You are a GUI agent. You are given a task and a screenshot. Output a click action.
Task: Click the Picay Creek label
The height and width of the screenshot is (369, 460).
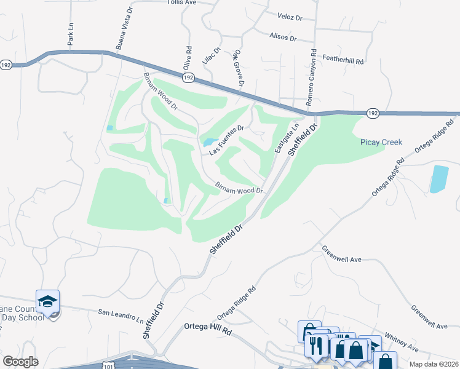381,142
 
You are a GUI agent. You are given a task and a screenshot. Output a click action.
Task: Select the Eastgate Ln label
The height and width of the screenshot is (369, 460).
286,138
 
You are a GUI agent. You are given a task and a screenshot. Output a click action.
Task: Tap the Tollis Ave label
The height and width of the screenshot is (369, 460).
181,2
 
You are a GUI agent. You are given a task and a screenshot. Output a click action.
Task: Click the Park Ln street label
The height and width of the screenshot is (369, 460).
71,35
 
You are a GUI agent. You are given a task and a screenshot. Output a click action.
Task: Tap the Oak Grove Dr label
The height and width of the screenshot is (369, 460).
239,68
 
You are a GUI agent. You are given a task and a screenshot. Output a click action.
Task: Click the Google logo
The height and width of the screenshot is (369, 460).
20,362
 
